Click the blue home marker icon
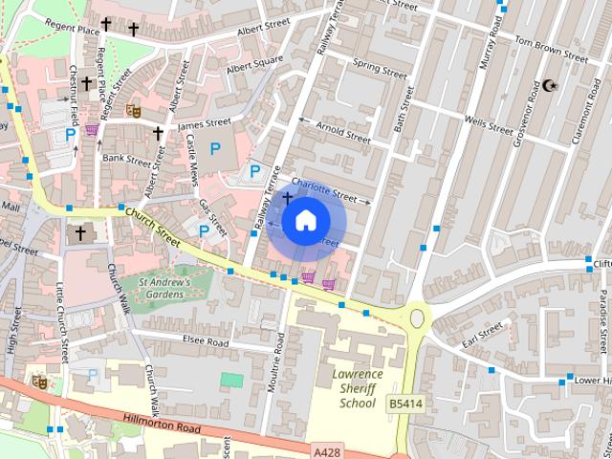[304, 221]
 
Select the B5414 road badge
[403, 405]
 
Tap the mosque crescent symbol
[549, 86]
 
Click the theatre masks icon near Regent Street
[134, 110]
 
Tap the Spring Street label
[380, 69]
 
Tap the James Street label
[204, 123]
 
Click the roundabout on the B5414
[418, 317]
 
